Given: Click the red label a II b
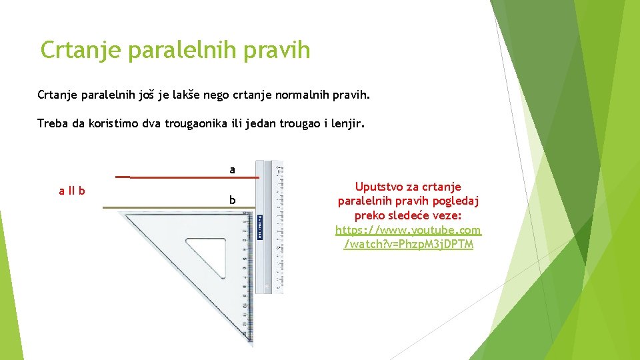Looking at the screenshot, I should [72, 191].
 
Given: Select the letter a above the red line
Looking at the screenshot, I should [232, 170].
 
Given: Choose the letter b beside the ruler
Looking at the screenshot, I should [232, 199].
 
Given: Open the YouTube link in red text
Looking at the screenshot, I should [408, 237].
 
